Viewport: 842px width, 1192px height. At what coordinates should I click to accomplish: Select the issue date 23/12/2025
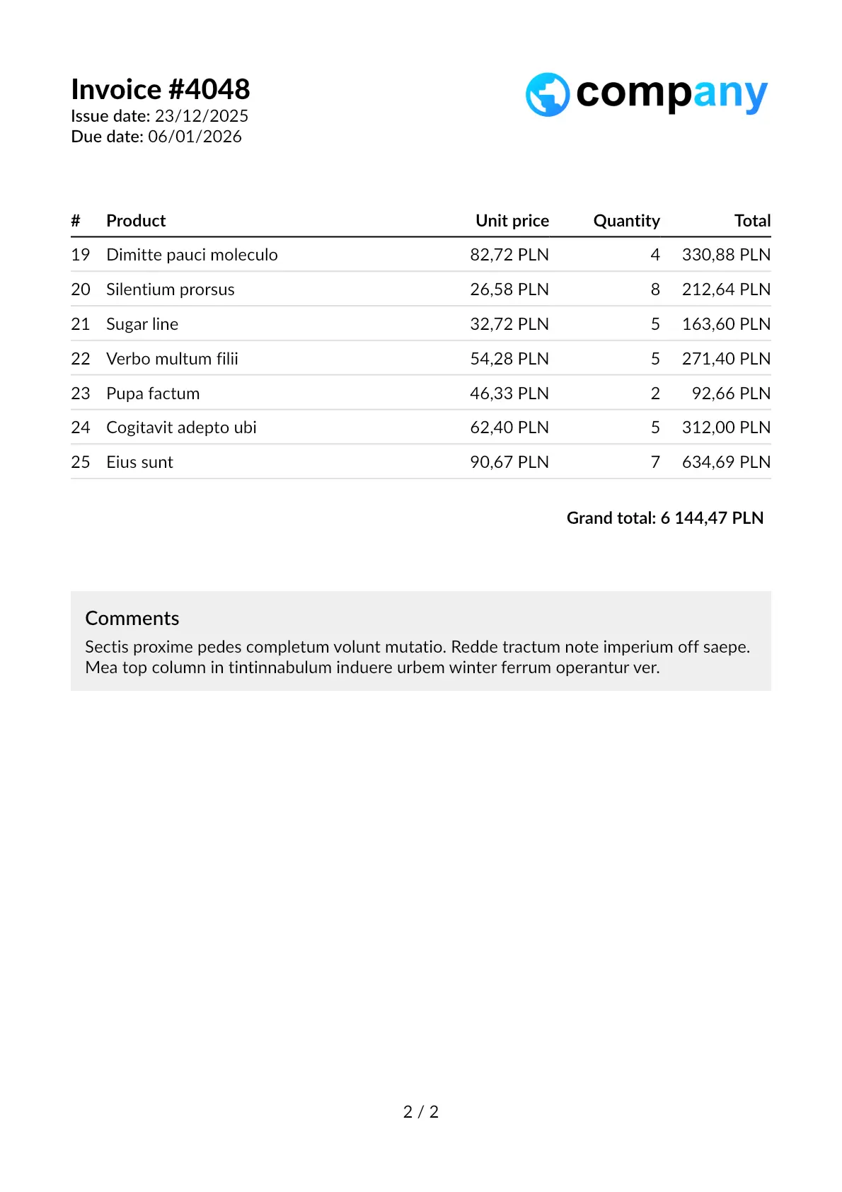pos(202,116)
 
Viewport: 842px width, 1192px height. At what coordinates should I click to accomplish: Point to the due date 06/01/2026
pos(195,137)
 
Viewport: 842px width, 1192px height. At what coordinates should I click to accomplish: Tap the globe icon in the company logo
pos(547,95)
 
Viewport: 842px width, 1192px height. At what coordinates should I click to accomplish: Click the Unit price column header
pos(512,221)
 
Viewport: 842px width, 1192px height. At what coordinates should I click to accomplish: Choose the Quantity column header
pos(626,221)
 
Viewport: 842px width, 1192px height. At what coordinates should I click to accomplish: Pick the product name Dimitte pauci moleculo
pos(192,255)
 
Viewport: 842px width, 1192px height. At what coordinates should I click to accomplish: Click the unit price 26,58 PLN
pos(509,290)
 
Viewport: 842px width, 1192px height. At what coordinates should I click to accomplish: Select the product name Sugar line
pos(142,324)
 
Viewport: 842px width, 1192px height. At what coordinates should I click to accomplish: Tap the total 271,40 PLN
pos(725,359)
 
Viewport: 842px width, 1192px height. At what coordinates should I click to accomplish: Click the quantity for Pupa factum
pos(655,394)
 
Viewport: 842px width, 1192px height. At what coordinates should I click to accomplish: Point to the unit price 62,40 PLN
pos(509,428)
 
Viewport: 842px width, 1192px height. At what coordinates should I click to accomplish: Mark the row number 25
pos(81,462)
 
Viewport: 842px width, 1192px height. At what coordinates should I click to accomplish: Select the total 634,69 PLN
pos(725,462)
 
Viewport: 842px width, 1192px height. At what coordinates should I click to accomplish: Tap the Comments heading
pos(132,619)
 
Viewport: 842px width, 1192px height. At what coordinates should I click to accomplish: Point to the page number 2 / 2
pos(421,1112)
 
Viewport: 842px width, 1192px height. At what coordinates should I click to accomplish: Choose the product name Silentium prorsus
pos(170,290)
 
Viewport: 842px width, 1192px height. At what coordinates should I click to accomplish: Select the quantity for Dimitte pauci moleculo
pos(655,255)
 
